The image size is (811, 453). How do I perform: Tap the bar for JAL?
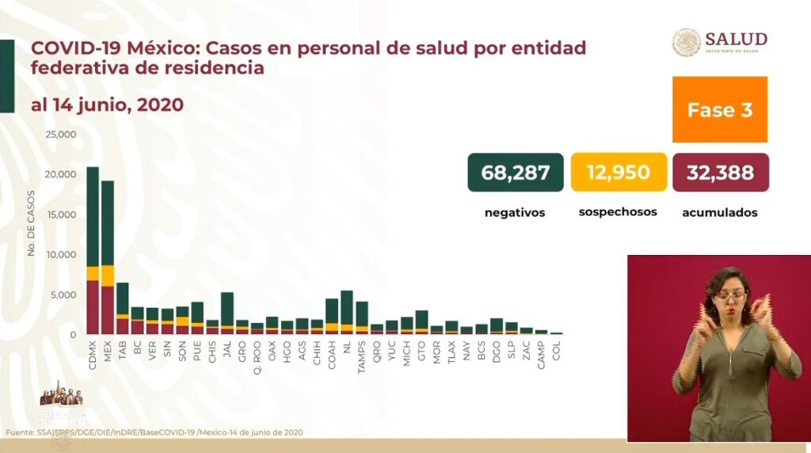coord(227,313)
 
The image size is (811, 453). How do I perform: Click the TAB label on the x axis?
coord(123,351)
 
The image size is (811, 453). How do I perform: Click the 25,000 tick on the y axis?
coord(61,134)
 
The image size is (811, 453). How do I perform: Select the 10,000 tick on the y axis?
coord(61,254)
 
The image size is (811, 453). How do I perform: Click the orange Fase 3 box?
coord(719,109)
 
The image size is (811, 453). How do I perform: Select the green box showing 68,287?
coord(516,173)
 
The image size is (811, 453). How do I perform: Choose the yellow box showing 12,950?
coord(618,173)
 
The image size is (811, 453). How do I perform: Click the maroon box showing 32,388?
coord(720,173)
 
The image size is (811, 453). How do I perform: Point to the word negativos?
coord(515,212)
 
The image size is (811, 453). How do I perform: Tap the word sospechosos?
coord(618,212)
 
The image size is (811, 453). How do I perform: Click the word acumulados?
coord(720,212)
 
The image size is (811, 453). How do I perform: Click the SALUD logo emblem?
coord(686,42)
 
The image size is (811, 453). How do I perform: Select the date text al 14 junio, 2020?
coord(107,105)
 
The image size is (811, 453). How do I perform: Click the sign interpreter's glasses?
coord(729,296)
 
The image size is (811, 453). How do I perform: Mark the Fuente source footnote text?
coord(154,432)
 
